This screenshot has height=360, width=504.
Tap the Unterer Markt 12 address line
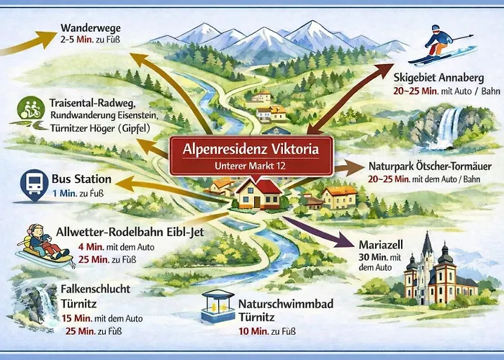click(251, 166)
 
